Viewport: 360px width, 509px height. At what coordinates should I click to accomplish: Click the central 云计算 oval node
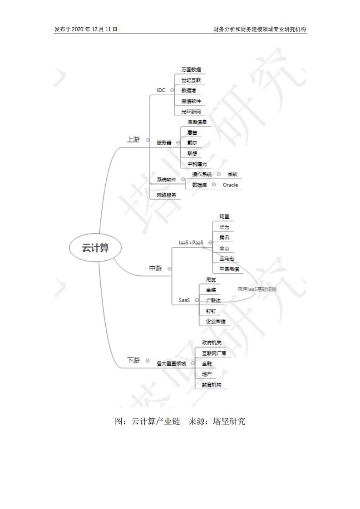pyautogui.click(x=95, y=248)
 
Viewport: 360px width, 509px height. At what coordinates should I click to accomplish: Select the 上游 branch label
pyautogui.click(x=133, y=140)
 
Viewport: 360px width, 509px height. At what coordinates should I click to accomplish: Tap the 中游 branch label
pyautogui.click(x=156, y=268)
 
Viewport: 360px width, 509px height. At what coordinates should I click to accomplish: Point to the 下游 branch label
pyautogui.click(x=133, y=360)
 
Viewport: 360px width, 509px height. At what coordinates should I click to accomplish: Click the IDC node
pyautogui.click(x=161, y=90)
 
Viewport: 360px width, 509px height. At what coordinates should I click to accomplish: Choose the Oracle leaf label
pyautogui.click(x=230, y=185)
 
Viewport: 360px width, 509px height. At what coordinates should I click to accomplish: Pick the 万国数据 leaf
pyautogui.click(x=191, y=70)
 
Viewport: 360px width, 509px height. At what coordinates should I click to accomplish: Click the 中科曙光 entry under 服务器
pyautogui.click(x=197, y=164)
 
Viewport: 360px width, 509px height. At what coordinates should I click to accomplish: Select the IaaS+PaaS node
pyautogui.click(x=191, y=243)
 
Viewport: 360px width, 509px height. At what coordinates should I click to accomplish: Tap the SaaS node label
pyautogui.click(x=184, y=300)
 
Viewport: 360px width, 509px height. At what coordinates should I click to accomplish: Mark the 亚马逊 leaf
pyautogui.click(x=227, y=259)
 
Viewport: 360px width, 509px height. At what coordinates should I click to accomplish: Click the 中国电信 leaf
pyautogui.click(x=229, y=269)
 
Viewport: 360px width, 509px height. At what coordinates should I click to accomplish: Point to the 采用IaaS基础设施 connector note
pyautogui.click(x=257, y=289)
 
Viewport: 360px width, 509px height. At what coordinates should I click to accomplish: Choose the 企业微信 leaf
pyautogui.click(x=215, y=321)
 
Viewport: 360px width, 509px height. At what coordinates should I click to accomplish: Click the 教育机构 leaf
pyautogui.click(x=211, y=385)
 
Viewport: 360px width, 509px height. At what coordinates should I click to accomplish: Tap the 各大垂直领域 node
pyautogui.click(x=171, y=363)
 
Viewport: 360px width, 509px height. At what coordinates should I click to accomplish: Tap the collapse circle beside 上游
pyautogui.click(x=148, y=140)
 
